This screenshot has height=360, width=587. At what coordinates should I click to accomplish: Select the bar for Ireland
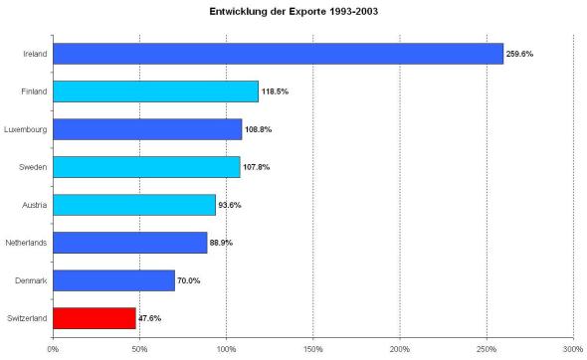pos(279,53)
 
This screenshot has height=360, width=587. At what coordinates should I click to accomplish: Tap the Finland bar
pos(155,90)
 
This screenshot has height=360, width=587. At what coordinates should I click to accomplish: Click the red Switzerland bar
pos(95,318)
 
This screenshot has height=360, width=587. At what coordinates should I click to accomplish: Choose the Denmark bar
pos(113,280)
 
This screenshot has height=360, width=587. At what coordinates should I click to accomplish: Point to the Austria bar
pos(134,205)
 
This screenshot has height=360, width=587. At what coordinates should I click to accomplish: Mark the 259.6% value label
pos(519,53)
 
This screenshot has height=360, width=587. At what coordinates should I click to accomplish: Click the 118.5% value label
pos(274,90)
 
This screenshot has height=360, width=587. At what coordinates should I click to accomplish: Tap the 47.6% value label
pos(150,318)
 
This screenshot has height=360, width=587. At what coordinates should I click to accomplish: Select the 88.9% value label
pos(221,243)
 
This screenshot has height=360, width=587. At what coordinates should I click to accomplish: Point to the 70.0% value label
pos(189,280)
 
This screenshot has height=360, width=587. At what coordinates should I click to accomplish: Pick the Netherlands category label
pos(27,243)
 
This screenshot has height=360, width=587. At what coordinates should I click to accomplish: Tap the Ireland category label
pos(36,53)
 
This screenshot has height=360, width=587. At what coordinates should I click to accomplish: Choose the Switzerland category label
pos(27,318)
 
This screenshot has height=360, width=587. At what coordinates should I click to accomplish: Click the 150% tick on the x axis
pos(313,348)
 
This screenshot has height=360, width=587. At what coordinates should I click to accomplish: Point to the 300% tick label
pos(573,348)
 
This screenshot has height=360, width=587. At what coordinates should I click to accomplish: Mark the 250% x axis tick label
pos(487,348)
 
